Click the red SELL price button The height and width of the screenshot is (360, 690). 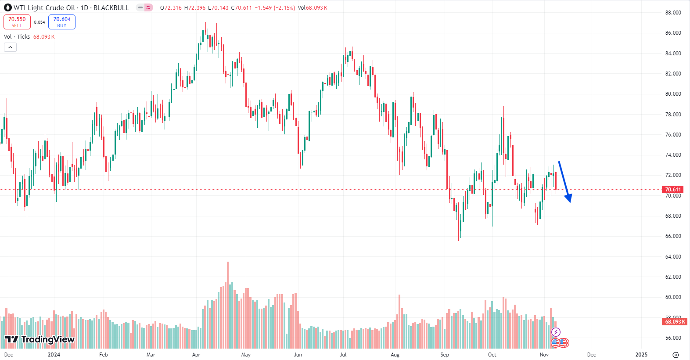[17, 22]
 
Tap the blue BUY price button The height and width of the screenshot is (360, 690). [62, 22]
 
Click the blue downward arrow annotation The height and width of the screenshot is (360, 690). [564, 181]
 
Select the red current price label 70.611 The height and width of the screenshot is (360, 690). [673, 190]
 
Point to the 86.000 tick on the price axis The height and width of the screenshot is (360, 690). [673, 33]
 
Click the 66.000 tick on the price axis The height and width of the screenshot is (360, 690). [673, 236]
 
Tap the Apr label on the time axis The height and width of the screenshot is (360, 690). [196, 355]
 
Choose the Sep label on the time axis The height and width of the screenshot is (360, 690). [445, 355]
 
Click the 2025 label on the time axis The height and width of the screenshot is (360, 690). [641, 355]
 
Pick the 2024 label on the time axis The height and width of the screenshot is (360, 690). [54, 355]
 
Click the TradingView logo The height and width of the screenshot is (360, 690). [40, 339]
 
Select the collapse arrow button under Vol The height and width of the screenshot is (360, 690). [10, 47]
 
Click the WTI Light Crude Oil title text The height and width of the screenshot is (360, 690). [44, 8]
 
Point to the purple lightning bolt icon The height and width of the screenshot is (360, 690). [556, 332]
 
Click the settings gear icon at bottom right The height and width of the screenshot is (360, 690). [676, 355]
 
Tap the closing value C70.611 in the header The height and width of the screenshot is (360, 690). [241, 8]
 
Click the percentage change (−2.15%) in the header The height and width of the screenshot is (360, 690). [284, 8]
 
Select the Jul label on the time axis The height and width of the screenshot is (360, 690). [343, 355]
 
